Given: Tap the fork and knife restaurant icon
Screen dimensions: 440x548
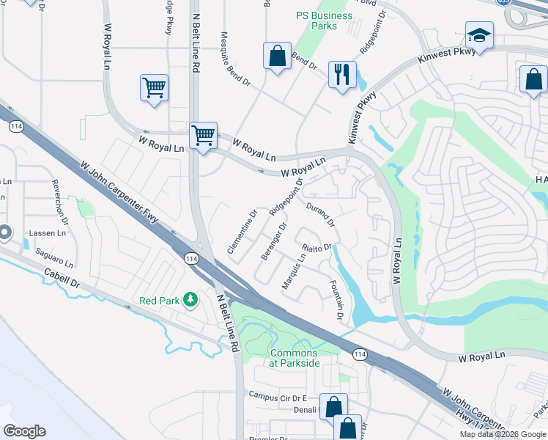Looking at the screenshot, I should [342, 74].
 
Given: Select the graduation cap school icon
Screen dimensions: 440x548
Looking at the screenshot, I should [479, 35].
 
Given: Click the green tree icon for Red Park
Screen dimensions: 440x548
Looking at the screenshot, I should [190, 299].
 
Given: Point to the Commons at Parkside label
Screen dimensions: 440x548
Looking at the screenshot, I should [295, 358].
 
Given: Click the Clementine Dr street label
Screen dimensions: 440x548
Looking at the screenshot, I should [242, 232].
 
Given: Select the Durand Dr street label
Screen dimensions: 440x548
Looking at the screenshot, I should [320, 214].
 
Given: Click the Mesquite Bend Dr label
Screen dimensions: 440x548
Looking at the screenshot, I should [237, 61].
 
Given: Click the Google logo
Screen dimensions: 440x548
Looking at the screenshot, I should [24, 431].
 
